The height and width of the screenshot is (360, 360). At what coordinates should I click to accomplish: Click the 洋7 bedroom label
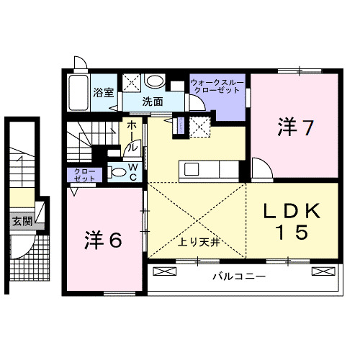(295, 128)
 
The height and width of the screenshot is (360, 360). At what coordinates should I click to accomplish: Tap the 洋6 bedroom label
(104, 238)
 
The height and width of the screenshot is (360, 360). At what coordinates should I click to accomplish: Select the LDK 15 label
(292, 220)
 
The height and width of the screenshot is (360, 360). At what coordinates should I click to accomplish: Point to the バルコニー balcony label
(239, 276)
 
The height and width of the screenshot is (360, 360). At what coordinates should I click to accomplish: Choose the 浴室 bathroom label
(104, 92)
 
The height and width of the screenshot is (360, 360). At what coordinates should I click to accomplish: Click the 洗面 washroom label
(152, 102)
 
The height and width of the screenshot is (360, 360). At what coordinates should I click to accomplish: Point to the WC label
(133, 171)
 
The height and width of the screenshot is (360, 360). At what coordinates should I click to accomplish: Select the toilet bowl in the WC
(117, 172)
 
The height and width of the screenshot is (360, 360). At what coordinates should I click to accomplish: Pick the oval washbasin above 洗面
(155, 81)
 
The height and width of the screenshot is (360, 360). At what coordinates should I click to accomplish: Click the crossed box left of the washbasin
(132, 81)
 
